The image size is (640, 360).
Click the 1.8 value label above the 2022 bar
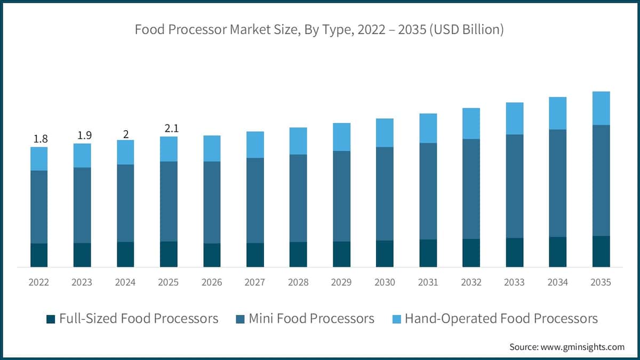coord(41,139)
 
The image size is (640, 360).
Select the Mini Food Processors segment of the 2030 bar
coord(385,194)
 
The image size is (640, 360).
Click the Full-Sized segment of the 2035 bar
coord(601,251)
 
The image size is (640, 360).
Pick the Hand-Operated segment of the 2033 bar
coord(514,118)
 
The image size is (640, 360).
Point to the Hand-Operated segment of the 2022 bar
coord(39,159)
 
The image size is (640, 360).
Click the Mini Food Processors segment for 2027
coord(255,201)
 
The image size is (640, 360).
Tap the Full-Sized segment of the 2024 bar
coord(125,254)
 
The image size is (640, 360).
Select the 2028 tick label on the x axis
coord(298,282)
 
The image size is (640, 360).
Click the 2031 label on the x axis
coord(428,282)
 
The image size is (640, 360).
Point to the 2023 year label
coord(82,282)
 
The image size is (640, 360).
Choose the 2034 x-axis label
coord(557,282)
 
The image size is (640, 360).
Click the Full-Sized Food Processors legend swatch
coord(51,319)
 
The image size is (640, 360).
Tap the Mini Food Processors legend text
coord(311,319)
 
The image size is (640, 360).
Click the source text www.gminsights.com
coord(582,347)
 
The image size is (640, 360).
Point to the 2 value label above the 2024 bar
coord(126,134)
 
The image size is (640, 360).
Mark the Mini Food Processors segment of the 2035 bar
coord(601,180)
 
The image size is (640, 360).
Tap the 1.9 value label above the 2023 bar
coord(84,136)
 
